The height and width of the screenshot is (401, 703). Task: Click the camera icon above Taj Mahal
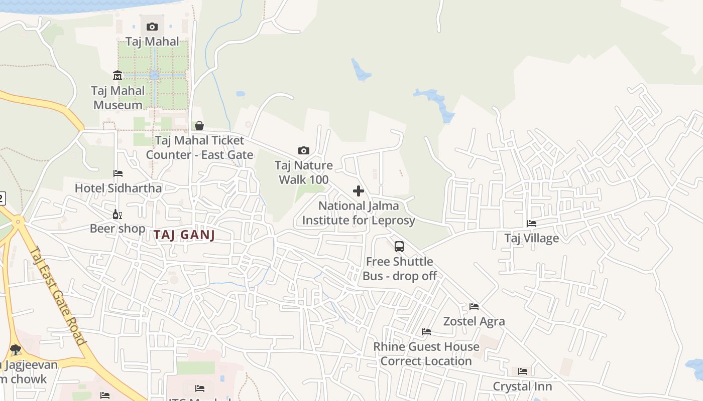(152, 27)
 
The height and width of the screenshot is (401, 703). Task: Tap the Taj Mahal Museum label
(118, 98)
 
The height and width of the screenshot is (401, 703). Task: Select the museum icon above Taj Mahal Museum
(118, 76)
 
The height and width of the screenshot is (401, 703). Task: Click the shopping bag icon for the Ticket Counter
(199, 125)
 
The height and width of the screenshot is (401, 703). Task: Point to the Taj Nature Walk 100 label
(303, 172)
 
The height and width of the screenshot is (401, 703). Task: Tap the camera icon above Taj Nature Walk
(303, 150)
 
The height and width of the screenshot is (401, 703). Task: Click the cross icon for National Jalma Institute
(359, 191)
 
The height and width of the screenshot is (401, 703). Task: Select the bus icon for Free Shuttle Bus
(399, 247)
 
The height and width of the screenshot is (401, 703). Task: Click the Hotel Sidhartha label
(118, 188)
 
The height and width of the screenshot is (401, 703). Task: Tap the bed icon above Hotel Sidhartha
(118, 173)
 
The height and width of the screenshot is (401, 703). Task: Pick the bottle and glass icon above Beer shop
(118, 214)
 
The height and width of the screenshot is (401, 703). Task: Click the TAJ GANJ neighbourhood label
(184, 235)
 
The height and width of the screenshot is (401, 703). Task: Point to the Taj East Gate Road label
(58, 296)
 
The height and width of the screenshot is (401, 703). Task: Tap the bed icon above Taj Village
(532, 223)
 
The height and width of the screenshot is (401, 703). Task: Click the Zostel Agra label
(474, 321)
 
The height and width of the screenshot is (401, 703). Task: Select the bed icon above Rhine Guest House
(426, 332)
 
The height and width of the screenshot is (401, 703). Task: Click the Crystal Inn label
(522, 386)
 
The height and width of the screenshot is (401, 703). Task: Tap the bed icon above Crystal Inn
(523, 371)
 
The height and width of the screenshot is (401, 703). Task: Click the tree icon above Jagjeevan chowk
(16, 349)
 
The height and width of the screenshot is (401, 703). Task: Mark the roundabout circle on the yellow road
(18, 221)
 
